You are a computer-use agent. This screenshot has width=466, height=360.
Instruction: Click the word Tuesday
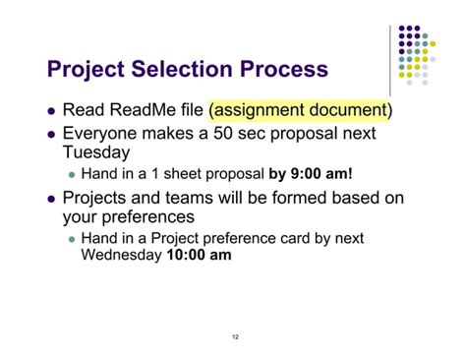[x=97, y=153]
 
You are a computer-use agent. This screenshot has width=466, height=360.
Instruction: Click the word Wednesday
[x=118, y=254]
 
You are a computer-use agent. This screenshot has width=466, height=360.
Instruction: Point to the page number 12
[x=235, y=337]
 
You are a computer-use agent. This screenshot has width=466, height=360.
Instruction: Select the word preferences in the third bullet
[x=146, y=217]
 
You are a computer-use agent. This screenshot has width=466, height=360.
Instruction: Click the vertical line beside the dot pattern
[x=390, y=59]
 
